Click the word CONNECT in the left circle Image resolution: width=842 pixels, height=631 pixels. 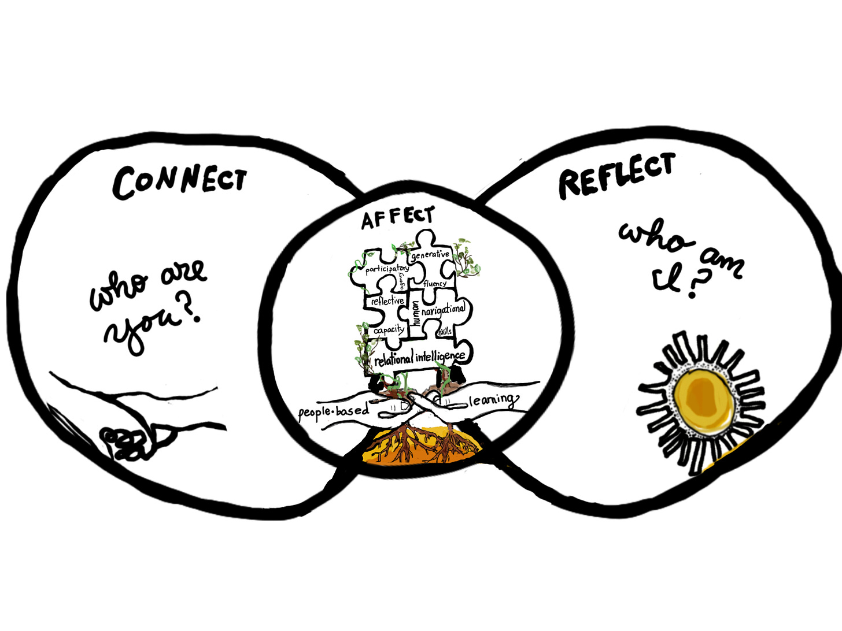179,180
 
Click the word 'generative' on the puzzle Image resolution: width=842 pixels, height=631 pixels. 430,254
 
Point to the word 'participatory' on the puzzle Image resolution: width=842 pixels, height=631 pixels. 387,269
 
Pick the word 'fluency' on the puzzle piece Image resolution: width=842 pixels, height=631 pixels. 434,284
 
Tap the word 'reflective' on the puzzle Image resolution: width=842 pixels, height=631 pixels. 387,301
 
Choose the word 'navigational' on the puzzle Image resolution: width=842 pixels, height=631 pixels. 443,310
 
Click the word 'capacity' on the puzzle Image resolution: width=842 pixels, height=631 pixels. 389,330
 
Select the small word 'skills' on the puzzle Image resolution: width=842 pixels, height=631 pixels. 445,331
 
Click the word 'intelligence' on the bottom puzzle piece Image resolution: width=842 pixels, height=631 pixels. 440,357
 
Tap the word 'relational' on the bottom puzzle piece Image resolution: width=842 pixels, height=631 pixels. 393,359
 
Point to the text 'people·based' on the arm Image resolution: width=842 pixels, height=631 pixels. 333,411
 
